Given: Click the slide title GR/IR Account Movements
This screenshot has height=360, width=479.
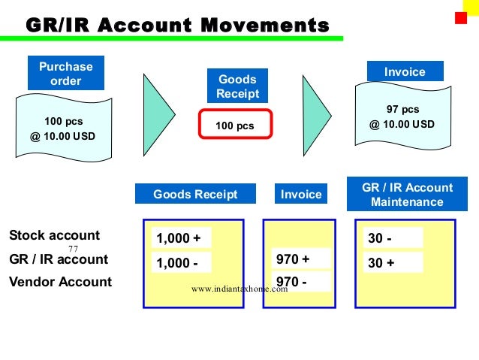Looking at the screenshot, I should coord(177,26).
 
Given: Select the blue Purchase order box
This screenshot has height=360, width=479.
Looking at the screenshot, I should coord(65,74).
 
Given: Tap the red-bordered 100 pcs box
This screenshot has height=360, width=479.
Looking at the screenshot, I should coord(234,126).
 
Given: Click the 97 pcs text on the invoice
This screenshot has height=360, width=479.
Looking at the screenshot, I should coord(402,110).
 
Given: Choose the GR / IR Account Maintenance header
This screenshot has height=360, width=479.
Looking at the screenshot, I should coord(407,195).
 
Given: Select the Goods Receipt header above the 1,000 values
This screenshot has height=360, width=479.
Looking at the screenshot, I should coord(195,195).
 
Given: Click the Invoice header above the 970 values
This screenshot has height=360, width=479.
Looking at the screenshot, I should coord(300,195).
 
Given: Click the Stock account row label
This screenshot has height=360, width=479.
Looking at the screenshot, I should coord(54,235).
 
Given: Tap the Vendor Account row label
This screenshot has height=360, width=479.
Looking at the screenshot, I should coord(60,283).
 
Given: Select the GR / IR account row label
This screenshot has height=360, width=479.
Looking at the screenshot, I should coord(59,259).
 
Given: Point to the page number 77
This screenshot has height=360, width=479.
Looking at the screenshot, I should coord(74,249).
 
